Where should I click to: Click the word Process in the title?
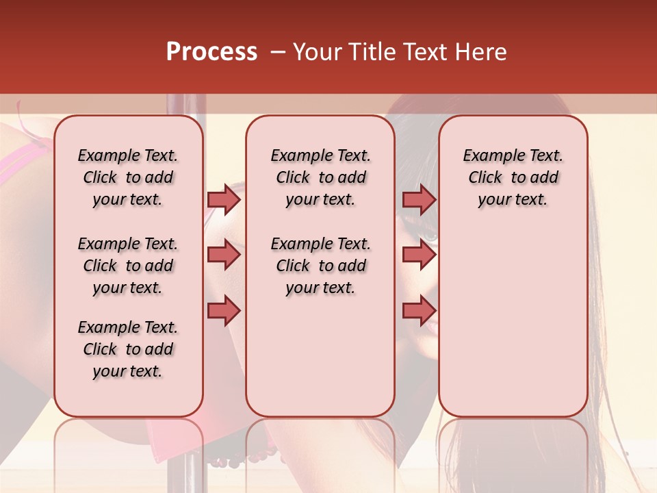211,52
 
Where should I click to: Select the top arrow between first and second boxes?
224,199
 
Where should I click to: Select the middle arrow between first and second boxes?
224,255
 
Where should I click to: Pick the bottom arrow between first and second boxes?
224,310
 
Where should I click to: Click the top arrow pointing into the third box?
419,199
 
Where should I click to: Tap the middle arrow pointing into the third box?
419,255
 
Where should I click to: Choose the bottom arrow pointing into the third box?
419,310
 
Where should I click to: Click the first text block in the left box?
128,177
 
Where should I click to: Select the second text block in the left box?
128,266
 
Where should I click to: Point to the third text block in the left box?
128,349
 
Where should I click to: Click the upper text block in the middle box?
320,177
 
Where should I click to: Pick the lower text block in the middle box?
320,266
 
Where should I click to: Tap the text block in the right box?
513,177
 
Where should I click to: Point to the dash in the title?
278,52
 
